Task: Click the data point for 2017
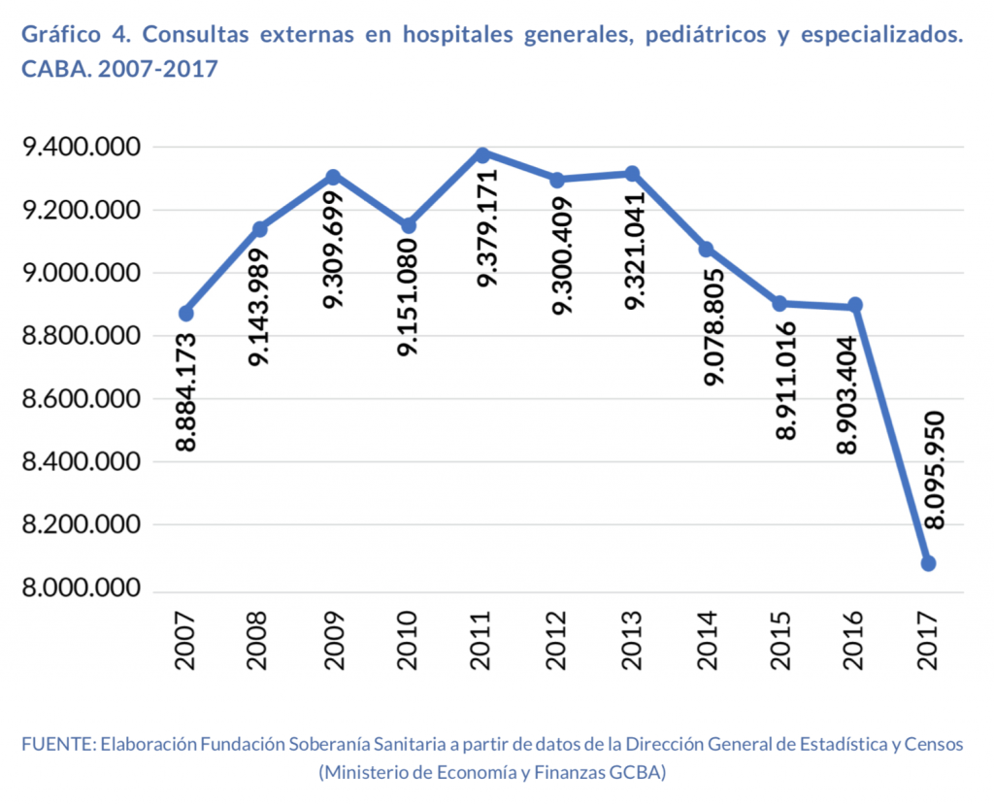pos(928,563)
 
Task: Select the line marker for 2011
pos(482,153)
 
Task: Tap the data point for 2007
pos(185,313)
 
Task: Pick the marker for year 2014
pos(706,250)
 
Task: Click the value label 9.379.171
pos(485,227)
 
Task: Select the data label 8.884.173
pos(186,391)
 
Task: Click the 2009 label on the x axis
pos(334,643)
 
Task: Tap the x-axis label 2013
pos(631,643)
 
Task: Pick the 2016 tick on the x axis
pos(854,643)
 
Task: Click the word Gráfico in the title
pos(60,35)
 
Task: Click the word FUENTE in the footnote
pos(56,745)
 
